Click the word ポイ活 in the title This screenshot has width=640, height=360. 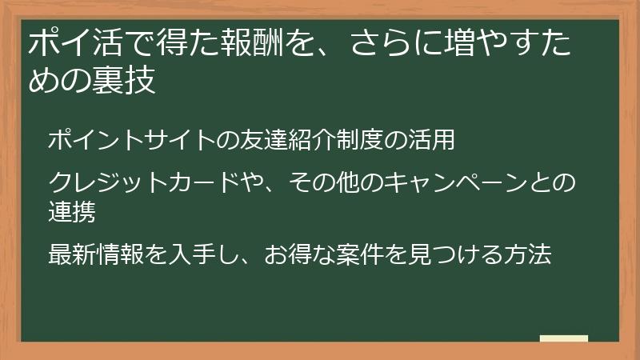(68, 44)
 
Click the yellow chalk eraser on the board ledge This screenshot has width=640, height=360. (563, 338)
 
